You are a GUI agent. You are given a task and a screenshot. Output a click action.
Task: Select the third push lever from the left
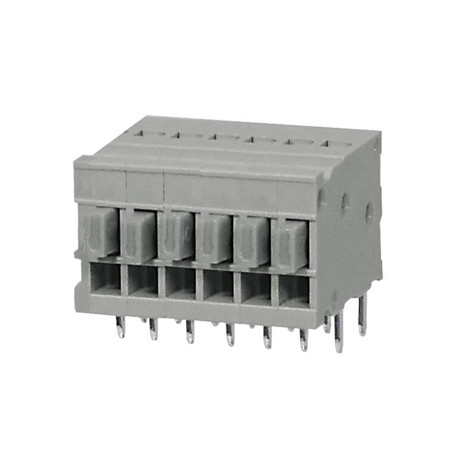176,237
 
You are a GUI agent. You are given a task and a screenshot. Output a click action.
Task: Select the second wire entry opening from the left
142,280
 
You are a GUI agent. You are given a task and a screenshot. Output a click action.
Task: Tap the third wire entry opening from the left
180,283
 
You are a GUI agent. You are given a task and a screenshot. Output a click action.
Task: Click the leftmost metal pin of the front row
120,327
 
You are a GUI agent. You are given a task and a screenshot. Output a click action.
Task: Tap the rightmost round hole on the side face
369,210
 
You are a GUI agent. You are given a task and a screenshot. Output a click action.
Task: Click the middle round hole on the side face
346,202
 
